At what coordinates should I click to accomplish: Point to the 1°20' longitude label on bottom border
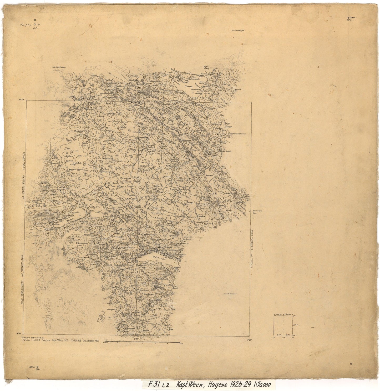pos(136,339)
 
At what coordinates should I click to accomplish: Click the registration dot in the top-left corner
pos(36,20)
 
